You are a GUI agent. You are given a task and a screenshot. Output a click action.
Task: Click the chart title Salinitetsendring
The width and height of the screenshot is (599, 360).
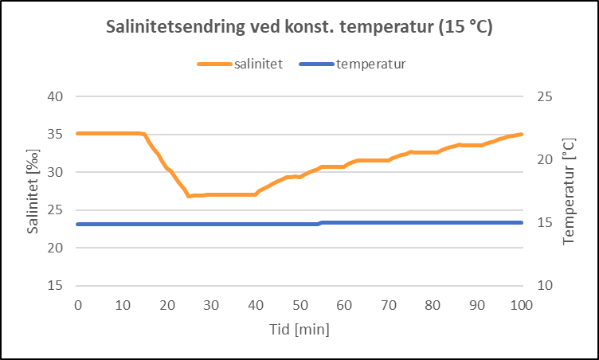pyautogui.click(x=299, y=27)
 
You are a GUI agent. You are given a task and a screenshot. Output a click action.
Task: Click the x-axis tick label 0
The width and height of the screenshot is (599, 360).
pyautogui.click(x=77, y=306)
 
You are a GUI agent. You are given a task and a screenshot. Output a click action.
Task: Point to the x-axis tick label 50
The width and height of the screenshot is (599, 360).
pyautogui.click(x=299, y=306)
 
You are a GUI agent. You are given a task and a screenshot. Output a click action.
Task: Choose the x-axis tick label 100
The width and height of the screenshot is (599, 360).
pyautogui.click(x=521, y=306)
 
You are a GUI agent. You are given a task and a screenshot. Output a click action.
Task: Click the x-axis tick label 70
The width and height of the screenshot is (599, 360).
pyautogui.click(x=388, y=306)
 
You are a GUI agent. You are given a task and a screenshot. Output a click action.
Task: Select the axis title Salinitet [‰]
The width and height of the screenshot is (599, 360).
pyautogui.click(x=33, y=191)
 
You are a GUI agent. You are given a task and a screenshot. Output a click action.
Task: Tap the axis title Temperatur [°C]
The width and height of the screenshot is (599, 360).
pyautogui.click(x=568, y=191)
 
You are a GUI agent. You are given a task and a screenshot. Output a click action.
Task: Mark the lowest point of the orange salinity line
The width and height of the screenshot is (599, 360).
pyautogui.click(x=189, y=196)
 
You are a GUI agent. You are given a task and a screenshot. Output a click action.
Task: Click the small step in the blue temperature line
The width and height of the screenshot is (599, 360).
pyautogui.click(x=319, y=223)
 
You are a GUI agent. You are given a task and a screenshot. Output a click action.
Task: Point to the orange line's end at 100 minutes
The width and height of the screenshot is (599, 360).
pyautogui.click(x=521, y=134)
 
